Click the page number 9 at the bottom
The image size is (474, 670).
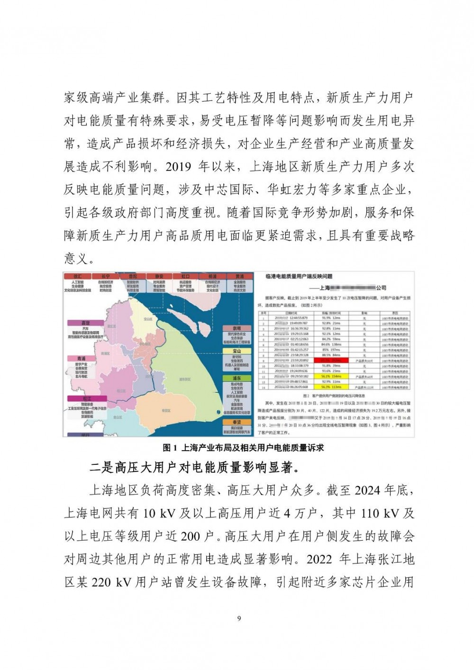coord(239,618)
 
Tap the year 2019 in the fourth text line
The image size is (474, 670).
coord(180,167)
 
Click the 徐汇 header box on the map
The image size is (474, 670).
coord(78,276)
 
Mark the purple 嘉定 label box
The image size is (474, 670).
coord(86,323)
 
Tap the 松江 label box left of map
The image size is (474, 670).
coord(86,398)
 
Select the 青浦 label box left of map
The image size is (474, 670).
coord(86,359)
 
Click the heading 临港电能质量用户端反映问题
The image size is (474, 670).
coord(299,276)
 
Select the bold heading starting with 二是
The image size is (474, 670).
coord(195,468)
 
